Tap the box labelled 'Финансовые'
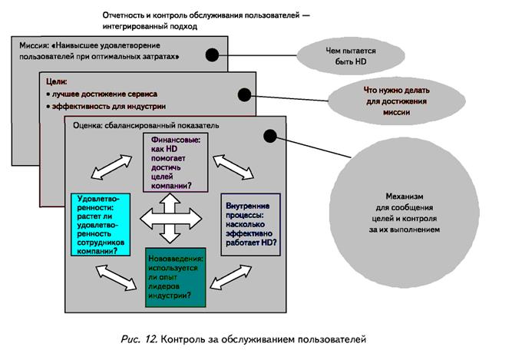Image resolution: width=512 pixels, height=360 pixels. click(176, 161)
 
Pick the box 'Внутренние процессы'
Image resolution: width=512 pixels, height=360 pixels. click(249, 223)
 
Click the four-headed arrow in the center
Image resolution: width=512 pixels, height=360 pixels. click(176, 220)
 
